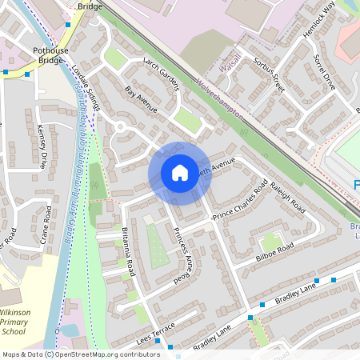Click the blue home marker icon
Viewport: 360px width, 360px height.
coord(179,173)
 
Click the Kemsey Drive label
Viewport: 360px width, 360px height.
coord(42,148)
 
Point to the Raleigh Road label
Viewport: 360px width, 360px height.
coord(288,197)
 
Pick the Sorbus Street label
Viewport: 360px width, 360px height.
coord(269,74)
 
